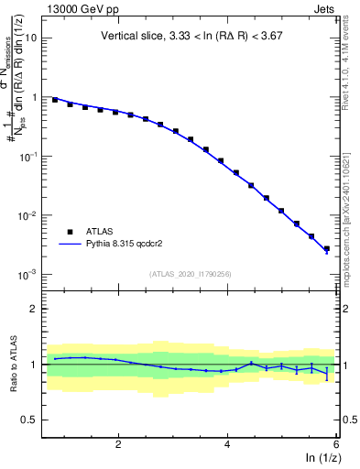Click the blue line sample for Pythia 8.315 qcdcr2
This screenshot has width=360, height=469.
[69, 245]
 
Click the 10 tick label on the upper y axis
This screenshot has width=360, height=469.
[32, 38]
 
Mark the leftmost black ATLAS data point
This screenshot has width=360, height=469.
[55, 99]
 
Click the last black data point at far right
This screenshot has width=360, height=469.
[327, 248]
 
